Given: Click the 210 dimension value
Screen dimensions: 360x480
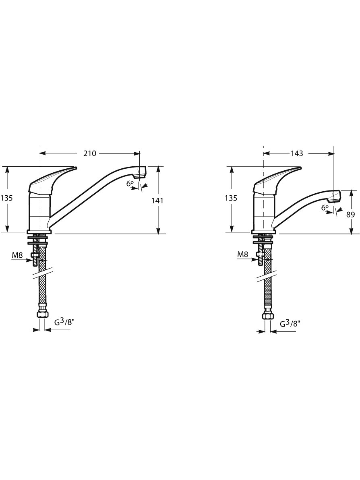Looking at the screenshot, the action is pyautogui.click(x=90, y=153).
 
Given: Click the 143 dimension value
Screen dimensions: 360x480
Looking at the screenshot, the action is pyautogui.click(x=296, y=153).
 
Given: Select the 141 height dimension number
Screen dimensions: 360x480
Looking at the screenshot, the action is pyautogui.click(x=158, y=201).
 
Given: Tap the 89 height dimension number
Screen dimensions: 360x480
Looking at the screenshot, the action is pyautogui.click(x=351, y=215).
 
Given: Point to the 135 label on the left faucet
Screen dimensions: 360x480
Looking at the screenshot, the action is pyautogui.click(x=6, y=198).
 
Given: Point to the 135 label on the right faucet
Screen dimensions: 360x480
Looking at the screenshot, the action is pyautogui.click(x=231, y=198).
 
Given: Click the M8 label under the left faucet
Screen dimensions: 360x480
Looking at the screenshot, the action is pyautogui.click(x=17, y=254).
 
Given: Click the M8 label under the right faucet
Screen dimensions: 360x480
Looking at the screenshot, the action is pyautogui.click(x=242, y=254).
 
